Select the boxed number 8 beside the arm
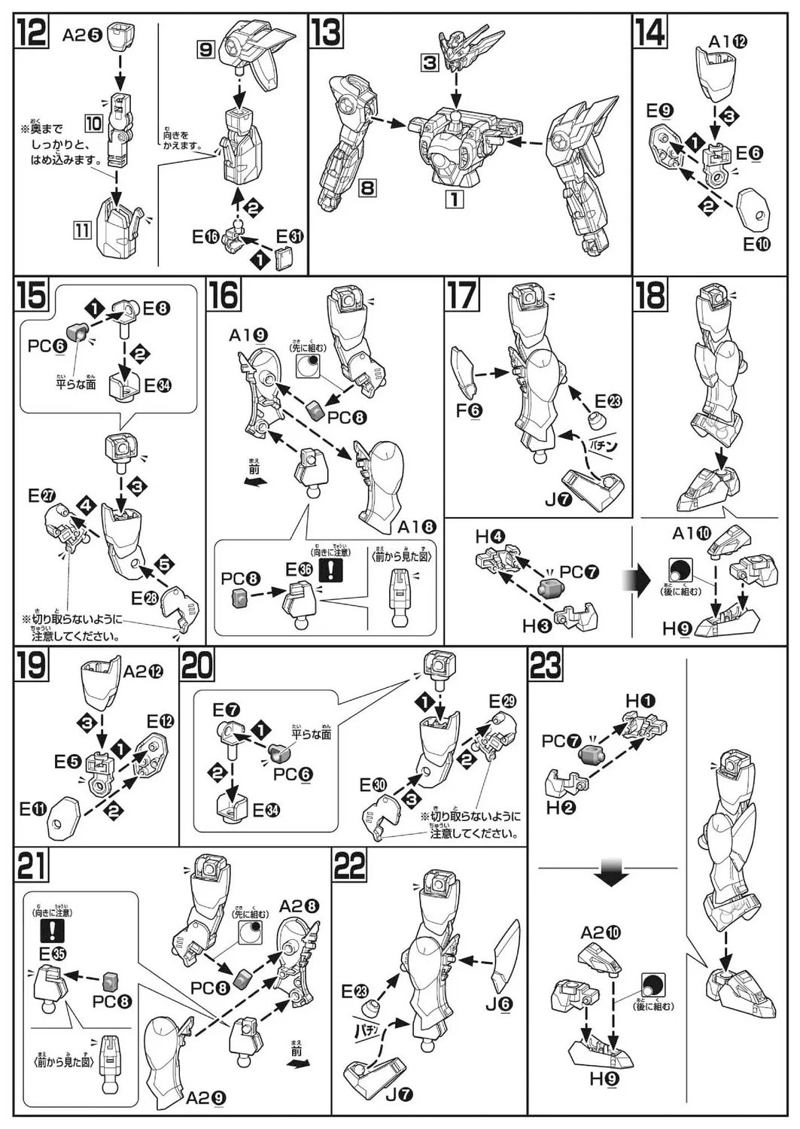367,186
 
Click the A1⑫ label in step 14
728,41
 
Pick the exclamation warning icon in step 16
330,570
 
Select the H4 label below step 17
490,537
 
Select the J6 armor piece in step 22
506,956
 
